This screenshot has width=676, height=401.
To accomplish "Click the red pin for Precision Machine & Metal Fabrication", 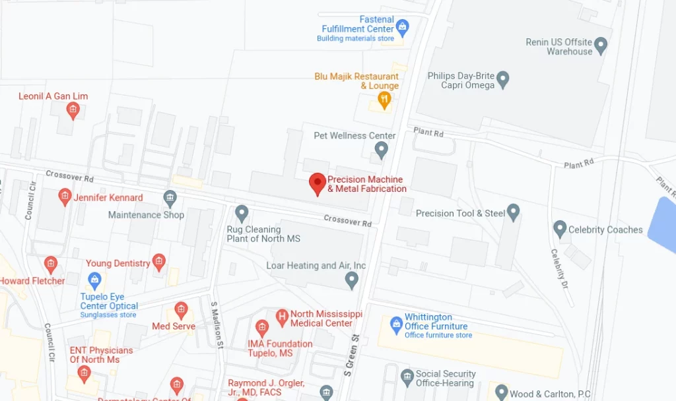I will [x=318, y=183].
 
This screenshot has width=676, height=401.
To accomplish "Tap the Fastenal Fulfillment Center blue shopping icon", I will [x=403, y=28].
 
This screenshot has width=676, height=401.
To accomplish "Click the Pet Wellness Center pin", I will [x=381, y=150].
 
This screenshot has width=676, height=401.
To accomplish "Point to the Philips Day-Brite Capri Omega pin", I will [x=503, y=80].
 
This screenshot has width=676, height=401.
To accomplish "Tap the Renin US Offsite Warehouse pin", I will [x=601, y=45].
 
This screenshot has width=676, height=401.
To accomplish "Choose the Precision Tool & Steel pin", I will [x=514, y=212].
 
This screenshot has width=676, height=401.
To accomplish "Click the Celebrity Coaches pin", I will [x=560, y=229].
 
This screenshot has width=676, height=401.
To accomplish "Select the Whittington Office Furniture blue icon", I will [x=396, y=324].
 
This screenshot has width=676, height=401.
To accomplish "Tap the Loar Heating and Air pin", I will [x=352, y=280].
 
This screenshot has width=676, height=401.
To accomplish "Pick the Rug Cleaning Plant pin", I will [x=242, y=212].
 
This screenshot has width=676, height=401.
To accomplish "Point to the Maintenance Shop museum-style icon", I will [x=170, y=197].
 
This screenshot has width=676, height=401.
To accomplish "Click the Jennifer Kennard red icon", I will [x=65, y=196].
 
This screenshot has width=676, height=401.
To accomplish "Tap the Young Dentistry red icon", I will [x=159, y=262].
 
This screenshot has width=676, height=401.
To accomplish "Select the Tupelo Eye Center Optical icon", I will [x=94, y=280].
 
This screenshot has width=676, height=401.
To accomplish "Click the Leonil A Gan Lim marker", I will [x=73, y=110].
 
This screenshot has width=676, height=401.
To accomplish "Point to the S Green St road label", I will [x=355, y=355].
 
